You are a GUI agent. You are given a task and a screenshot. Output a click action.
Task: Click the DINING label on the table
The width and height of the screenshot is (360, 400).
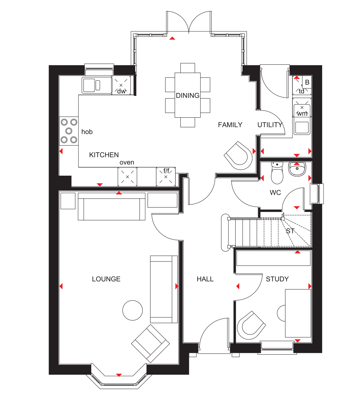188,96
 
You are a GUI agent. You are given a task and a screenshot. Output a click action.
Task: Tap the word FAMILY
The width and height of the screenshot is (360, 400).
230,125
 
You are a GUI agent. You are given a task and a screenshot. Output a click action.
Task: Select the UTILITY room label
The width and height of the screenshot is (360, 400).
270,125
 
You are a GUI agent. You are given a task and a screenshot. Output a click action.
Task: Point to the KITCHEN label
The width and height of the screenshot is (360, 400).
104,155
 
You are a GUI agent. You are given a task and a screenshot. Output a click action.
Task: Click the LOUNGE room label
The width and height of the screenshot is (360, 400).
106,279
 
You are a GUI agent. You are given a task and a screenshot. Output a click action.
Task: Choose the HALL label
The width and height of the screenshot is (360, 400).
205,279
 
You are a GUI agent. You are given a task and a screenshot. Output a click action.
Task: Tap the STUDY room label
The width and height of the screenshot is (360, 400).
277,279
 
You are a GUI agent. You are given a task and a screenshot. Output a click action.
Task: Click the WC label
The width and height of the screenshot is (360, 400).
275,193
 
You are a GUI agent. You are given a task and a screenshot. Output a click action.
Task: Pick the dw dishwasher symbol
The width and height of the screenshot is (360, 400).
121,85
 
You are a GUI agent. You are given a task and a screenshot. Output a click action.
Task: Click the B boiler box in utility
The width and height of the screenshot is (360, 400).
307,82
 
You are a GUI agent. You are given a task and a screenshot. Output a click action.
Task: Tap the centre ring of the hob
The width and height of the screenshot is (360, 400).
69,131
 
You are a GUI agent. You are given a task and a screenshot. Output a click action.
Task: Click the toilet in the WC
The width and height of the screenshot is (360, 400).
277,173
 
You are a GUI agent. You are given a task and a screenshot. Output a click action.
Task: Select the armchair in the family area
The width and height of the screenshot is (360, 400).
238,155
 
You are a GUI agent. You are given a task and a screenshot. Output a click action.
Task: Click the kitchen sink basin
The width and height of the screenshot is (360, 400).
89,85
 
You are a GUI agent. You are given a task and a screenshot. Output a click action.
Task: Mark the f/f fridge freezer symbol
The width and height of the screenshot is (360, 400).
166,177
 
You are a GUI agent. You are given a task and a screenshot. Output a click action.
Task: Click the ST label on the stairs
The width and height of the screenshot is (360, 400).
290,231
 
